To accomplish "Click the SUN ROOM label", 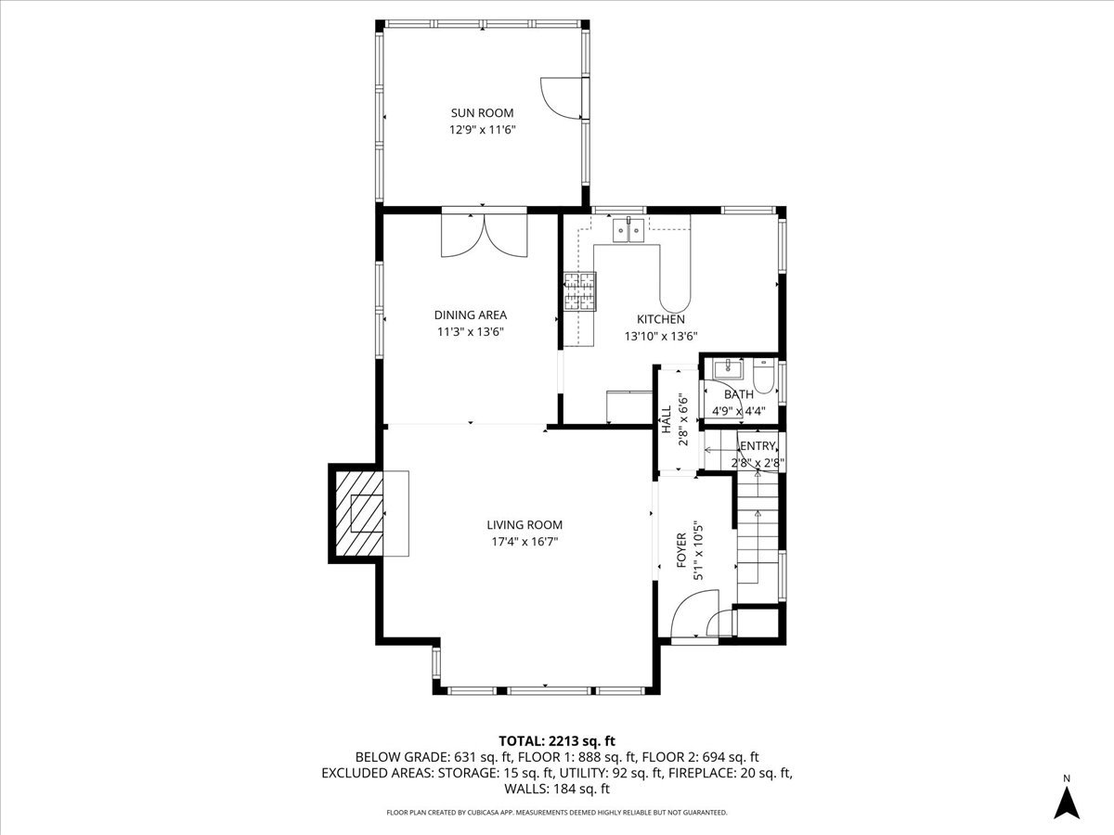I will coord(482,113).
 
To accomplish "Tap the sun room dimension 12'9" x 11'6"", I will coord(482,131).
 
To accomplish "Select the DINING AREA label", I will coord(471,315).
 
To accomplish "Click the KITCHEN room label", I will coord(660,319).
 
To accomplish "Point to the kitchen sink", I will coord(628,229).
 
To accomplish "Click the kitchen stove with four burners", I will coord(580,291).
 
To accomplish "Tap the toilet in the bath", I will coord(763,376).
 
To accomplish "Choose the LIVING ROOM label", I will coord(525,525).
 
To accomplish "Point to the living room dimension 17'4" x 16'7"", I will coord(525,542).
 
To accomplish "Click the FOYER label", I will coord(681,550).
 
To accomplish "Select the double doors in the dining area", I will coord(484,235).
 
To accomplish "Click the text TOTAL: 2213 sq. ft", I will coord(557,740).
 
